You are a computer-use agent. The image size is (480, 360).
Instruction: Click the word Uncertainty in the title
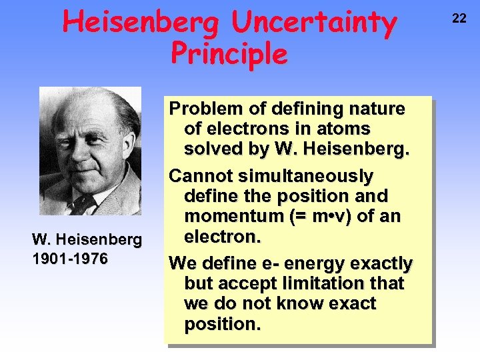click(313, 23)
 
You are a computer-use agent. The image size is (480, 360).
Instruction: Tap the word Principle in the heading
click(229, 54)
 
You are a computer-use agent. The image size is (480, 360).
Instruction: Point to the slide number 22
click(459, 19)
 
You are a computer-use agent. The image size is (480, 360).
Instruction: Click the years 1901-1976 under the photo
click(70, 259)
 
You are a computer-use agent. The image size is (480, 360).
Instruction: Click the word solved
click(211, 149)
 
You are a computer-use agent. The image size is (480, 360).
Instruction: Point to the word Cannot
click(199, 176)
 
